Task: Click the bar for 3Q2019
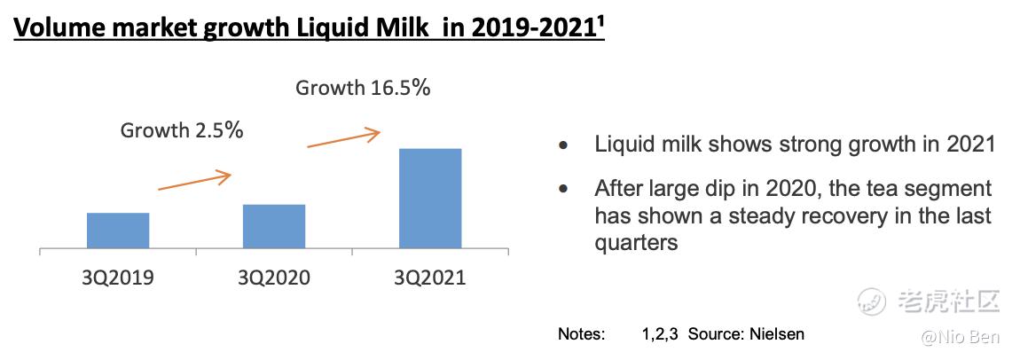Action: coord(118,231)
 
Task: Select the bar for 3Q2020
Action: coord(274,226)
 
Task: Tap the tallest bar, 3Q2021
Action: coord(430,199)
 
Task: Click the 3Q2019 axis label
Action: coord(118,278)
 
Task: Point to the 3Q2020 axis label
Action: coord(274,278)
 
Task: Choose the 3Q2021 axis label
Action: coord(430,278)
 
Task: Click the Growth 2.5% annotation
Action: coord(182,130)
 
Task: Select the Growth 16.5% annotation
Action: coord(363,87)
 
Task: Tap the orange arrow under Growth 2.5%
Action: coord(194,180)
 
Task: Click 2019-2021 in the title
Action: coord(529,28)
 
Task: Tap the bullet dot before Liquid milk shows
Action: coord(562,145)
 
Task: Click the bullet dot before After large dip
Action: coord(562,189)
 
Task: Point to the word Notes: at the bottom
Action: coord(582,334)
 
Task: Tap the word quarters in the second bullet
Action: coord(636,242)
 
